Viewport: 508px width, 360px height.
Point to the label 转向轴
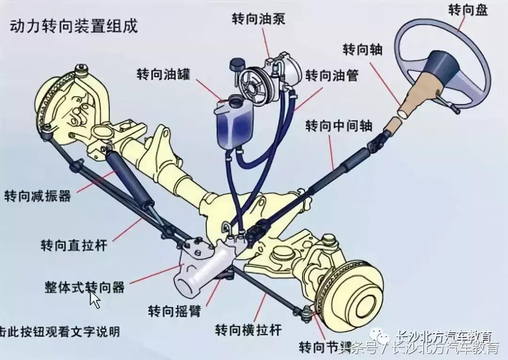pyautogui.click(x=362, y=49)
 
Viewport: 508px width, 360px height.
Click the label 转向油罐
pyautogui.click(x=163, y=75)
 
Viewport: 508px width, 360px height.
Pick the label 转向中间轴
pyautogui.click(x=339, y=126)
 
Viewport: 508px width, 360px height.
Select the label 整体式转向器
pyautogui.click(x=85, y=287)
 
